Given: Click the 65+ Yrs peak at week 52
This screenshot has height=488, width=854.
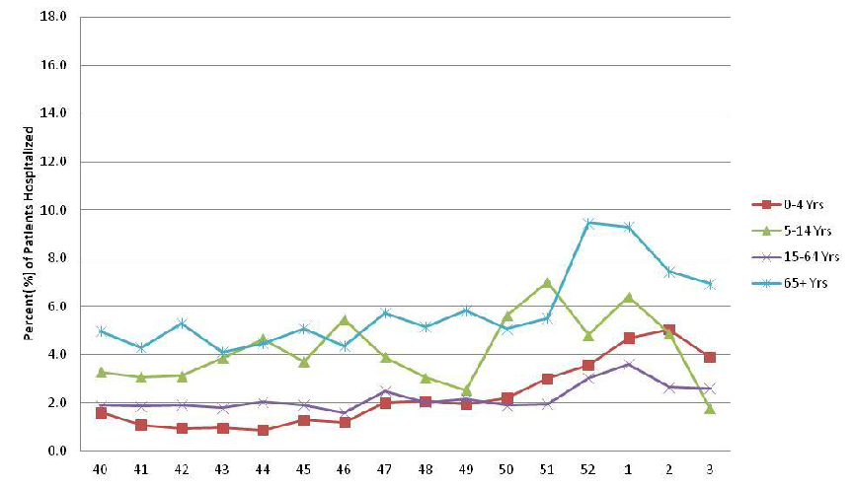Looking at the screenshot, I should [x=587, y=223].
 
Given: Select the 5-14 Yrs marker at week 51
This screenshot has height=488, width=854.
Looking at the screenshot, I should [x=547, y=283].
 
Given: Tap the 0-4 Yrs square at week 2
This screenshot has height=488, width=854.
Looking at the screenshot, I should [x=669, y=330].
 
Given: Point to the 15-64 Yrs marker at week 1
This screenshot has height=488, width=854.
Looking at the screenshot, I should [x=629, y=365].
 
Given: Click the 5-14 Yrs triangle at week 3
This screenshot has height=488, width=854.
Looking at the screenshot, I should [x=710, y=408].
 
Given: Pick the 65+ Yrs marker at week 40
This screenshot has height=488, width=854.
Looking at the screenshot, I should [x=101, y=331].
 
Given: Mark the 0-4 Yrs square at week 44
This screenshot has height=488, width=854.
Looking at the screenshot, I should [x=264, y=430].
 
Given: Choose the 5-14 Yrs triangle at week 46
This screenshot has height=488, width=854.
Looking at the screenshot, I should [x=345, y=319].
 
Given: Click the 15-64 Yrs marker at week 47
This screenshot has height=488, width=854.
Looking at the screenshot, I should [x=385, y=391].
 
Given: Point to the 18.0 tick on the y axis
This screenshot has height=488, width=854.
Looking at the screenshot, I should [x=53, y=17].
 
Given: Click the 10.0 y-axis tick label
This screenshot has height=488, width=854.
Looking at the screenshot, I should [x=53, y=210].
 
